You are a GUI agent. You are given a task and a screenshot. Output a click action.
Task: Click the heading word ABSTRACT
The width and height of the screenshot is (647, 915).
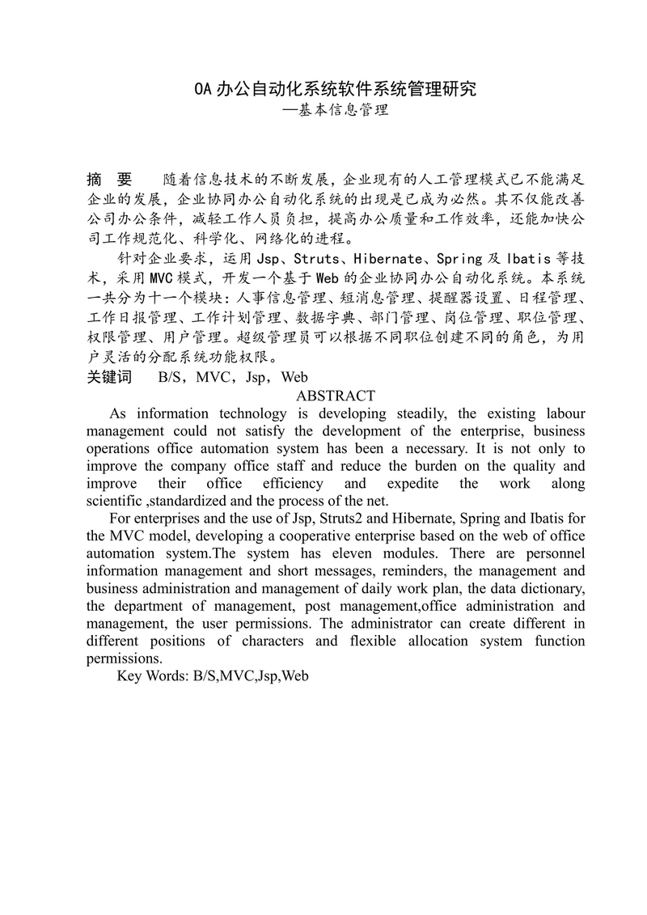click(336, 396)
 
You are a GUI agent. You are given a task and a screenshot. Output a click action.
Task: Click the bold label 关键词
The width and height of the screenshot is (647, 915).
click(109, 376)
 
